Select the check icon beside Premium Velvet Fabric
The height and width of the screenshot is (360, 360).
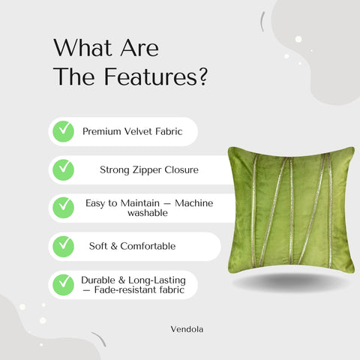coord(63,131)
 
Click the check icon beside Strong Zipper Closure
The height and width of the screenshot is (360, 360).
coord(63,169)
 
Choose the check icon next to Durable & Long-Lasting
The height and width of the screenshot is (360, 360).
coord(63,284)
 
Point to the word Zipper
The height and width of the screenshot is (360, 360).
coord(146,169)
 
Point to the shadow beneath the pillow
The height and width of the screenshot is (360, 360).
coord(290,281)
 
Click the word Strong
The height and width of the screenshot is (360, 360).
coord(115,169)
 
